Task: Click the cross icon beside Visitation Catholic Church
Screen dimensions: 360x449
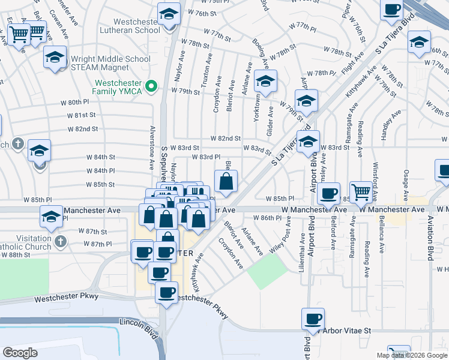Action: point(59,241)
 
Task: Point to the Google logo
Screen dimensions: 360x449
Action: point(20,353)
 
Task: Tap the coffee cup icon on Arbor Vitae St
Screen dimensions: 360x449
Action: point(313,320)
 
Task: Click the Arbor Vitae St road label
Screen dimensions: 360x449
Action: point(348,331)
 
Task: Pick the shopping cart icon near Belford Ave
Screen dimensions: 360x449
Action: point(361,192)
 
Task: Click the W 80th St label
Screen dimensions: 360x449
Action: point(74,103)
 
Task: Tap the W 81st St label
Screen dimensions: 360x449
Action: point(82,115)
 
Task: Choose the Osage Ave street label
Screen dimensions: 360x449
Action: point(406,180)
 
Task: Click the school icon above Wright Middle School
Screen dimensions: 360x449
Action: point(55,58)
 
